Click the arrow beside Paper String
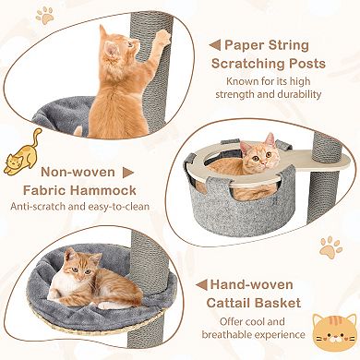213,43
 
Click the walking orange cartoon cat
23,153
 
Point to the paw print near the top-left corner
42,15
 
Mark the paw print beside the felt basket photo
330,247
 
